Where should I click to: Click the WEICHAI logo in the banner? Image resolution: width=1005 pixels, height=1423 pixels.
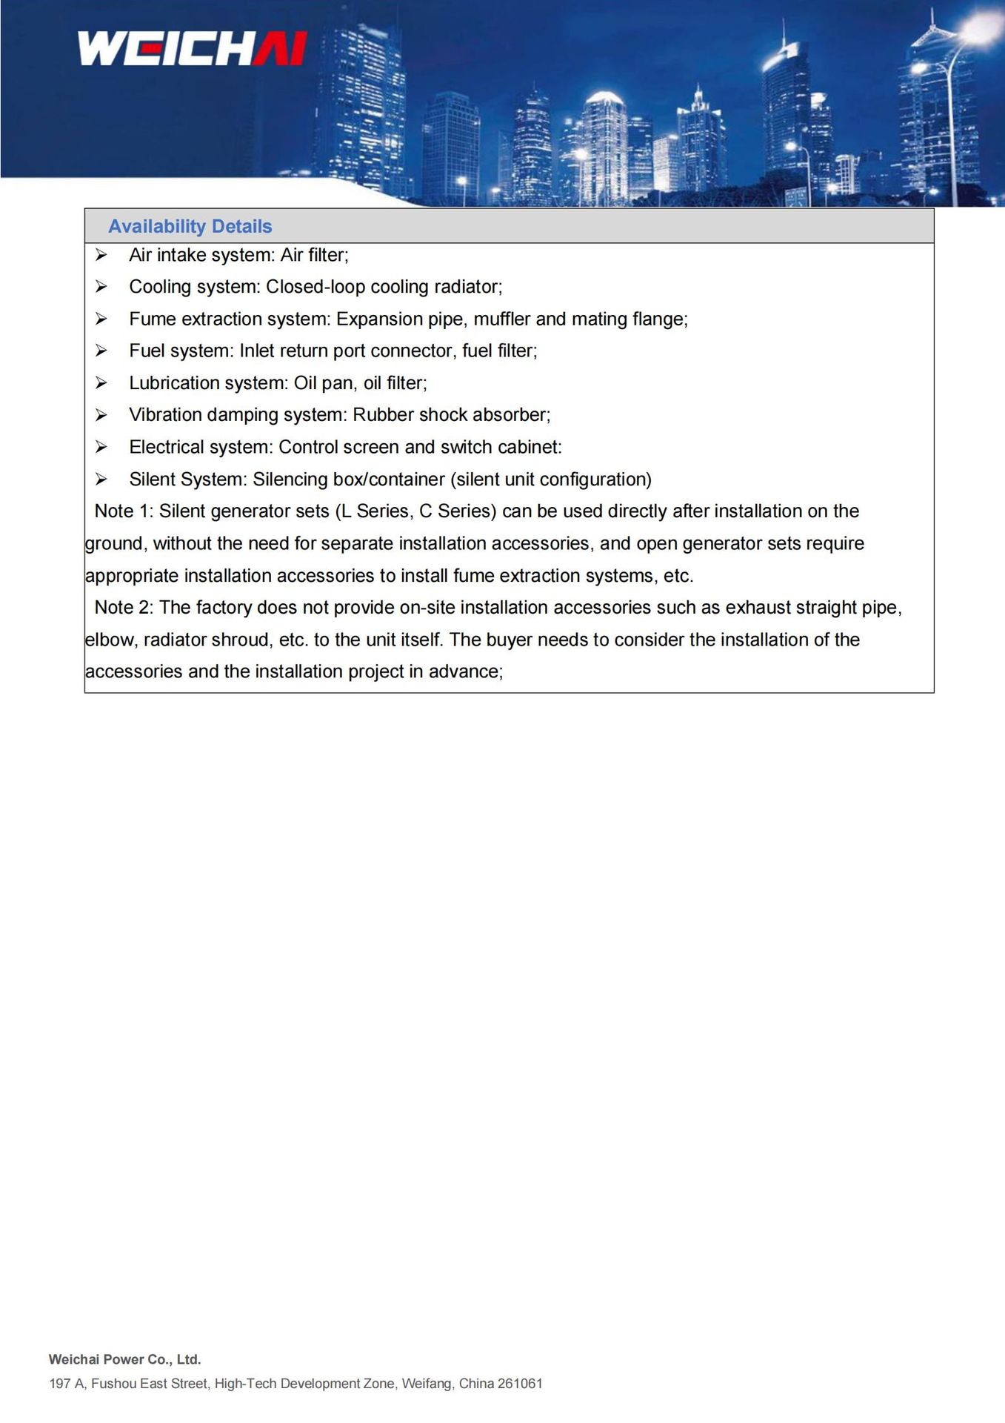[192, 49]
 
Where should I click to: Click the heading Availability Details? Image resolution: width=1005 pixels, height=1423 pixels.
[190, 227]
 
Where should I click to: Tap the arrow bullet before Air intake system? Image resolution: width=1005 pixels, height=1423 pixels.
[101, 256]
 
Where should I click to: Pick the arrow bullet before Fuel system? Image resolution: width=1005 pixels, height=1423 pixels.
[101, 351]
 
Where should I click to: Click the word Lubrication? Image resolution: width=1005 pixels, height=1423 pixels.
[170, 383]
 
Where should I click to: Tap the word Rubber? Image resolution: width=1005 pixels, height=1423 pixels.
[383, 415]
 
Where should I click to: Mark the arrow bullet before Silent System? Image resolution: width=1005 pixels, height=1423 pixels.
[101, 480]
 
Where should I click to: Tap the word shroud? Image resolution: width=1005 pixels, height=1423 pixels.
[240, 640]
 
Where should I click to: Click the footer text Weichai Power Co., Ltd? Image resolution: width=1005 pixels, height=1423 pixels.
[125, 1359]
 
